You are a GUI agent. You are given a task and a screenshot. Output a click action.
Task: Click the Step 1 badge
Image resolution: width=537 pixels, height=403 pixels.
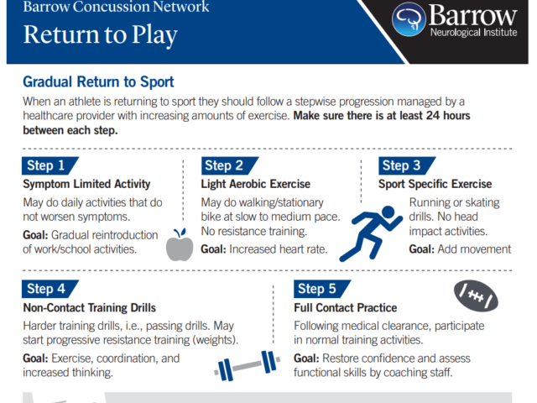(x=50, y=165)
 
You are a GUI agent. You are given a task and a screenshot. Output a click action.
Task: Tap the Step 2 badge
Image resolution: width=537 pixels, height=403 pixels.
(x=229, y=165)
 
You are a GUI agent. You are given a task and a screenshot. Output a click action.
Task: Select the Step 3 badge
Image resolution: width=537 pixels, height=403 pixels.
(x=407, y=165)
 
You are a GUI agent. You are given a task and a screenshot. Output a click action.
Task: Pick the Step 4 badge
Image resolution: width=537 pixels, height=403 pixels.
(x=50, y=289)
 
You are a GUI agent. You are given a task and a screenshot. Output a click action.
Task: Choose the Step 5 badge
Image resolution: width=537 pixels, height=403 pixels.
(x=322, y=289)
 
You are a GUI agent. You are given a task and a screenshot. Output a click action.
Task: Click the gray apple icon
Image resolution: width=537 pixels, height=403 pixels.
(x=180, y=244)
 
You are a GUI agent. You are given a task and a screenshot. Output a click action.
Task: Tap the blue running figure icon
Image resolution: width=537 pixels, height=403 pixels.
(x=371, y=233)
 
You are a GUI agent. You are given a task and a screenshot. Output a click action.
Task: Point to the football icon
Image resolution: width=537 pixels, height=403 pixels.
(x=476, y=296)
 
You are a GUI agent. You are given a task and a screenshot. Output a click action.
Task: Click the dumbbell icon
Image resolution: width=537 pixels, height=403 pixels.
(x=248, y=366)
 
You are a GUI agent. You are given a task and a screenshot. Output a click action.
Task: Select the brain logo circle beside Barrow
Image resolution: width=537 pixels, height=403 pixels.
(x=409, y=19)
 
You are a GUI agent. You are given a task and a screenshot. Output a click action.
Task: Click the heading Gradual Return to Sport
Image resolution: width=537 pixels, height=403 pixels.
(x=98, y=82)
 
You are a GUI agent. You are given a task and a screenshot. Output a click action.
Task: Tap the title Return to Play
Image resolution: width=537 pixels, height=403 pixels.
(x=101, y=35)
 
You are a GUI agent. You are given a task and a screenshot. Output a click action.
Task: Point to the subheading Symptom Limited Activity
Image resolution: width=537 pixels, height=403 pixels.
(x=86, y=184)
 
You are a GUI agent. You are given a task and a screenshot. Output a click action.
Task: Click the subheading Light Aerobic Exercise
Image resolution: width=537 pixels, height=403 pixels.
(x=255, y=184)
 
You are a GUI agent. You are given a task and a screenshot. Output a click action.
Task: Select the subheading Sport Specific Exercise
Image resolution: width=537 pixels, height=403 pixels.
(x=435, y=184)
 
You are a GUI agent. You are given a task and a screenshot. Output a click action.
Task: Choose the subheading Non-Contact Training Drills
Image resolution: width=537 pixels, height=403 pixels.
(x=90, y=308)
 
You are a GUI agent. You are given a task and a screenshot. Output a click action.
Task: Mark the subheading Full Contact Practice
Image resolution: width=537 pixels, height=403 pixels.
(x=345, y=308)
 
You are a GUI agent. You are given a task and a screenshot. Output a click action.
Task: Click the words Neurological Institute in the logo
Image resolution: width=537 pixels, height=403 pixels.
(x=473, y=33)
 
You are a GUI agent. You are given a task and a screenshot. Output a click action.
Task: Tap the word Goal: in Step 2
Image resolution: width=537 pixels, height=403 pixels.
(x=213, y=249)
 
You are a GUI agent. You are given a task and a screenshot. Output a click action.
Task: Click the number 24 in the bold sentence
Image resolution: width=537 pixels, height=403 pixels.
(x=433, y=116)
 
